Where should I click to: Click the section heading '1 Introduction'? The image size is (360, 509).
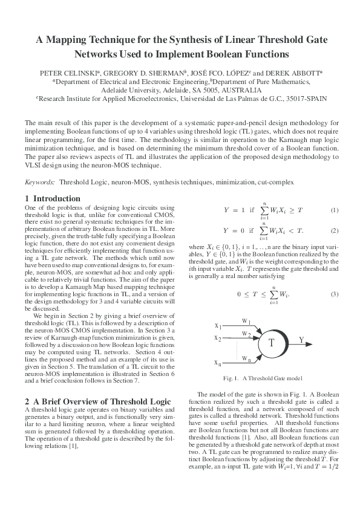click(x=53, y=198)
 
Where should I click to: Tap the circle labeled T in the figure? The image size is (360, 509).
click(x=271, y=343)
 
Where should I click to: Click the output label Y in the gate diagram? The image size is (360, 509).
click(x=302, y=340)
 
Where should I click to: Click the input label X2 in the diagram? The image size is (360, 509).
click(x=218, y=338)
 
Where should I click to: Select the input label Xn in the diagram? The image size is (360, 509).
click(x=217, y=363)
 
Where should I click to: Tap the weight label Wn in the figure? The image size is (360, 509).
click(x=247, y=359)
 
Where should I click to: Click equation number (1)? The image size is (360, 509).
click(x=334, y=210)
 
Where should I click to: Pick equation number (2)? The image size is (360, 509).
click(x=334, y=230)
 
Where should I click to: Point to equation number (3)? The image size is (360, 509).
click(x=334, y=294)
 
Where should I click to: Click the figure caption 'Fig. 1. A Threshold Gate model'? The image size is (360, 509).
click(x=263, y=378)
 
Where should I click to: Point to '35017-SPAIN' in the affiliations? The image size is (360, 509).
click(x=305, y=96)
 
